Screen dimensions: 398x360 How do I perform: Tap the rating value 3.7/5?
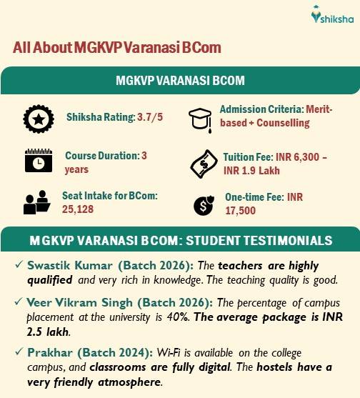(149, 117)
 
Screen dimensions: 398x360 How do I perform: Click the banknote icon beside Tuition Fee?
(202, 162)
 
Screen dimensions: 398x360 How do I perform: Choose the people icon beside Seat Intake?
(35, 203)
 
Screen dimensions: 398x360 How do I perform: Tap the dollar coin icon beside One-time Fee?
(202, 206)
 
